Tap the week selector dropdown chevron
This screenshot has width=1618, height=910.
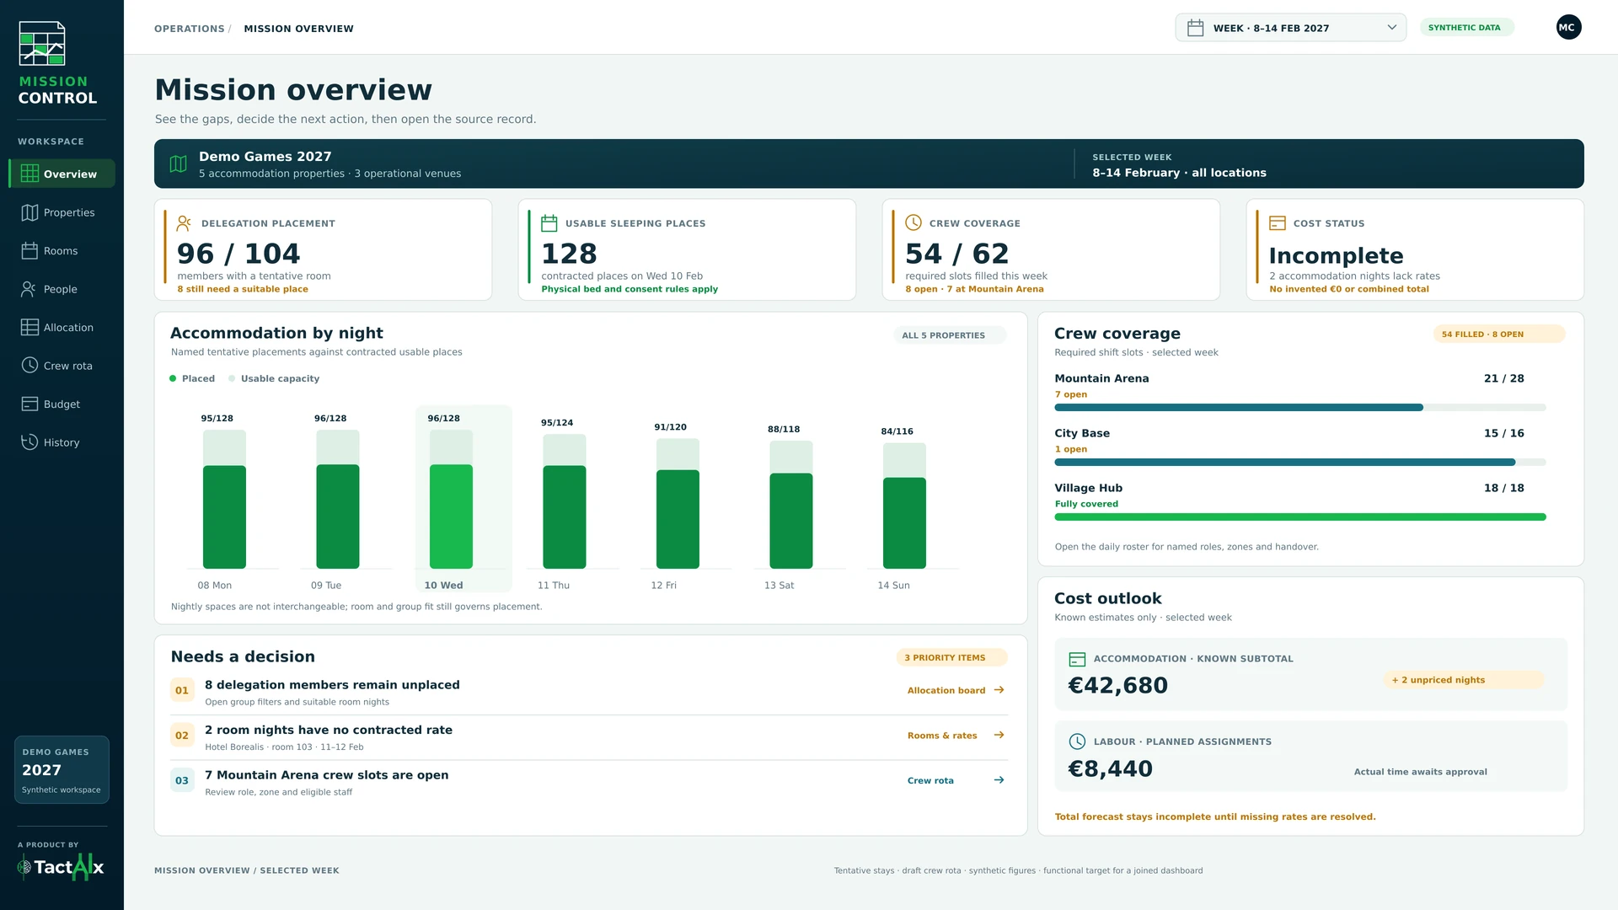(1392, 28)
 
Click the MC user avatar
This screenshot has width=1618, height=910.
(1568, 28)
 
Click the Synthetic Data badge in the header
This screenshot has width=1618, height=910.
(1466, 28)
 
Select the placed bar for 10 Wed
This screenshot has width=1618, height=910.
(451, 517)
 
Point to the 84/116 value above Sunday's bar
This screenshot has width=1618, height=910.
(897, 431)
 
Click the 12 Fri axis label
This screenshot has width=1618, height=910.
(663, 586)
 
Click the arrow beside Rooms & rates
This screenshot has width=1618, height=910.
(999, 736)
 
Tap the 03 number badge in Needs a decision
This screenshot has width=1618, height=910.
(182, 781)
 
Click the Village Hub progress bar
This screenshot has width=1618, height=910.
(1300, 517)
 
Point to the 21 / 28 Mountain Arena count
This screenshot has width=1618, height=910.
(1504, 379)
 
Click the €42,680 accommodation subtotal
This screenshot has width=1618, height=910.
(1118, 686)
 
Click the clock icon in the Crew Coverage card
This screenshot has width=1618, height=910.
(913, 222)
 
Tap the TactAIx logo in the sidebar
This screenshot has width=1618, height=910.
(61, 867)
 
